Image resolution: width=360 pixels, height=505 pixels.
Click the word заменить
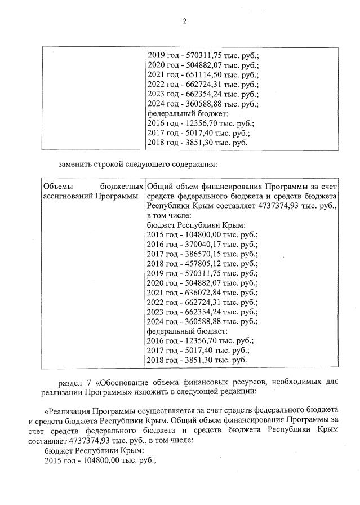click(x=74, y=165)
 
